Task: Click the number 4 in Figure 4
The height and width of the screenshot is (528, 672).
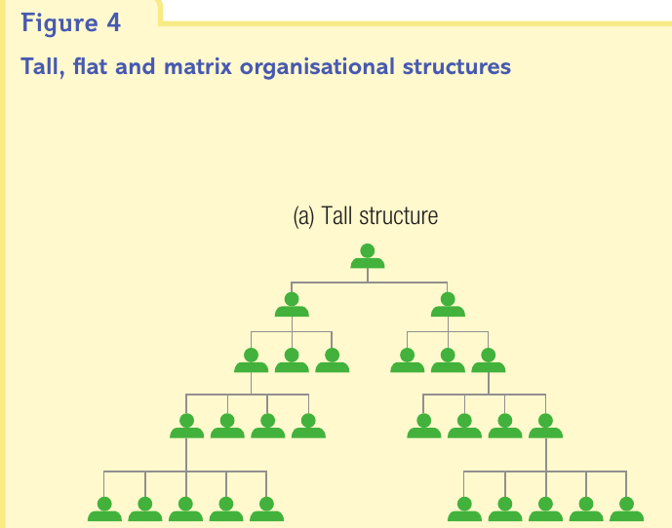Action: click(x=113, y=22)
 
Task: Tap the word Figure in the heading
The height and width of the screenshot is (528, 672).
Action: click(x=59, y=24)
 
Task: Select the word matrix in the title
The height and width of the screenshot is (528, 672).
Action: click(x=198, y=66)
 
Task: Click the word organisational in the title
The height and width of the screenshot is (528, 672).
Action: click(x=317, y=67)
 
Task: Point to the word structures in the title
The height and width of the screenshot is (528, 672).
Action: click(x=456, y=67)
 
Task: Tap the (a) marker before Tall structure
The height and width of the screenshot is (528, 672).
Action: click(x=303, y=216)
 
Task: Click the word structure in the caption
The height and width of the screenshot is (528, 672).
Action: click(x=399, y=216)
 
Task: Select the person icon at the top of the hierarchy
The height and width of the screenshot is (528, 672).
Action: click(x=368, y=256)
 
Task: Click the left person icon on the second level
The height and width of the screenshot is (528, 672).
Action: click(x=292, y=305)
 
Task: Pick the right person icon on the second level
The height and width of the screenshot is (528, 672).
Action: click(x=448, y=305)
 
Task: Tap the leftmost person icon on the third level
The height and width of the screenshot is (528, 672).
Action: click(x=251, y=360)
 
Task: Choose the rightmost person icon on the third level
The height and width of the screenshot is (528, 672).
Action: click(x=488, y=360)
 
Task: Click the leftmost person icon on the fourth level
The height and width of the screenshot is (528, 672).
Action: click(x=186, y=426)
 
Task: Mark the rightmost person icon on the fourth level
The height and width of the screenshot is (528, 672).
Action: click(x=545, y=426)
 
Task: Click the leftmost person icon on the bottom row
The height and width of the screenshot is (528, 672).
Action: click(x=104, y=509)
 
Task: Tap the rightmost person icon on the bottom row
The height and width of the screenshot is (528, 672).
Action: click(x=626, y=509)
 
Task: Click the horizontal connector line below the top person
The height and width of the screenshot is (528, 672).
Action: click(x=370, y=283)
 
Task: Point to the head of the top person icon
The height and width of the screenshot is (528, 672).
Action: click(x=368, y=250)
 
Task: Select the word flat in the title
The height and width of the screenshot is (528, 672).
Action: click(x=90, y=66)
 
